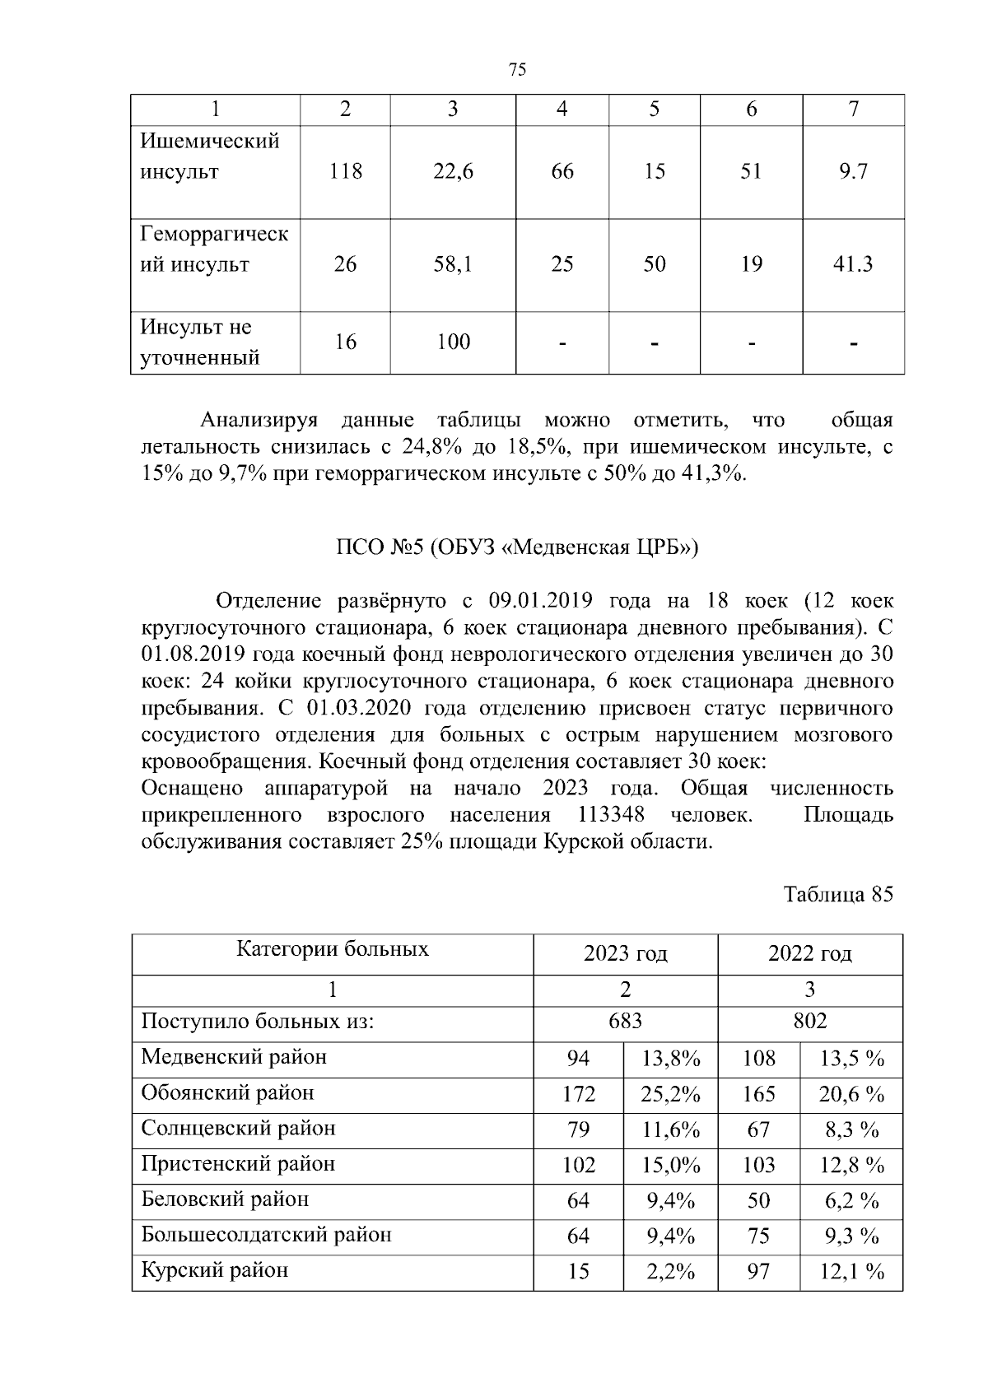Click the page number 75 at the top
tap(518, 70)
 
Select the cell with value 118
tap(345, 171)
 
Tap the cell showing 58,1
tap(453, 264)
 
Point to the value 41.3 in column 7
tap(853, 264)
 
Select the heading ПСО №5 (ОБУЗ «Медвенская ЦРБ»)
tap(517, 548)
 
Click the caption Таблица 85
tap(838, 895)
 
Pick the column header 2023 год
tap(626, 954)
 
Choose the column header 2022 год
tap(810, 954)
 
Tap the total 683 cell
tap(626, 1022)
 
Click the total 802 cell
tap(810, 1022)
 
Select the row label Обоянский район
tap(228, 1093)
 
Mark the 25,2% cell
tap(671, 1094)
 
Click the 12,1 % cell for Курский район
tap(851, 1272)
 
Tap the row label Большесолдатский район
tap(266, 1235)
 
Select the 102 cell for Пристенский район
tap(579, 1165)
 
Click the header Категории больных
tap(333, 949)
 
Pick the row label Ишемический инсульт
tap(210, 156)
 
